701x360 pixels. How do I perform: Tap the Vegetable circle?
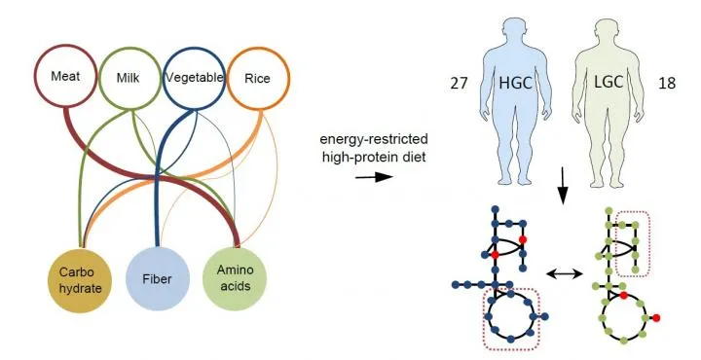(x=195, y=77)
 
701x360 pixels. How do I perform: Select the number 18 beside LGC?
(x=670, y=85)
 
